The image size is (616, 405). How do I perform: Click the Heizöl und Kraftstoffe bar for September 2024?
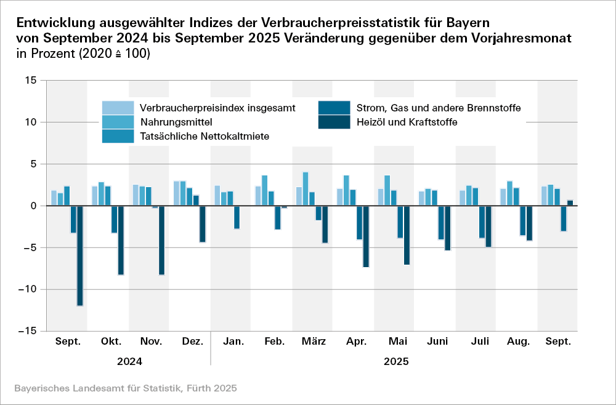pyautogui.click(x=80, y=255)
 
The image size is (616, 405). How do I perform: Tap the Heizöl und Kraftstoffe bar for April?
pyautogui.click(x=366, y=236)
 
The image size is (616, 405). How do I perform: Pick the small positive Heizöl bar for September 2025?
pyautogui.click(x=570, y=202)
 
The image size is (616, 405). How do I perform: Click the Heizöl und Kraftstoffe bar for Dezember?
pyautogui.click(x=203, y=224)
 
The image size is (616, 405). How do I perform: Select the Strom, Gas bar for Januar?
pyautogui.click(x=237, y=217)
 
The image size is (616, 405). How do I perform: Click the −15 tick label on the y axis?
pyautogui.click(x=27, y=331)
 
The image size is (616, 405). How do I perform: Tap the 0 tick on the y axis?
pyautogui.click(x=33, y=206)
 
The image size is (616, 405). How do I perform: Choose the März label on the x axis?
pyautogui.click(x=314, y=342)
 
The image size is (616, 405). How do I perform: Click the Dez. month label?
pyautogui.click(x=193, y=342)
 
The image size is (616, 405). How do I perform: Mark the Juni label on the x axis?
pyautogui.click(x=437, y=342)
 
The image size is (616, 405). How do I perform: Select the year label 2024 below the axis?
pyautogui.click(x=130, y=361)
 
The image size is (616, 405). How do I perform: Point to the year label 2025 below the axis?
pyautogui.click(x=396, y=361)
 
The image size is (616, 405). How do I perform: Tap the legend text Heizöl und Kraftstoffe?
pyautogui.click(x=407, y=122)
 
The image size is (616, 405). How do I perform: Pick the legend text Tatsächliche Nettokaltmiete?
pyautogui.click(x=205, y=135)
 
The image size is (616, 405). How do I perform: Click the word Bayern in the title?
pyautogui.click(x=466, y=23)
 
